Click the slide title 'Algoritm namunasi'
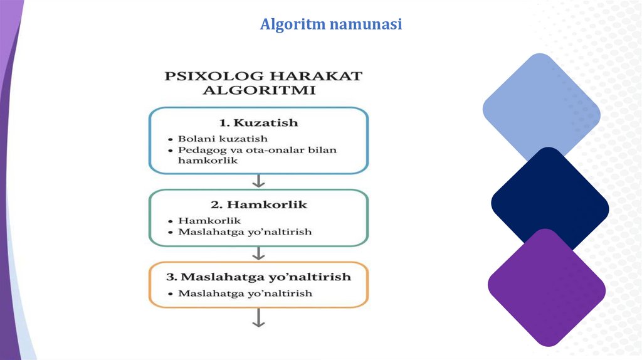click(330, 24)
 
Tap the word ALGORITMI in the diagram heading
click(258, 90)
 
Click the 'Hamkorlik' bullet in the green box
click(209, 221)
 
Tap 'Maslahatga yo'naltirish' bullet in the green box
click(245, 232)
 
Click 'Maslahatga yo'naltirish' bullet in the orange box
click(245, 294)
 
